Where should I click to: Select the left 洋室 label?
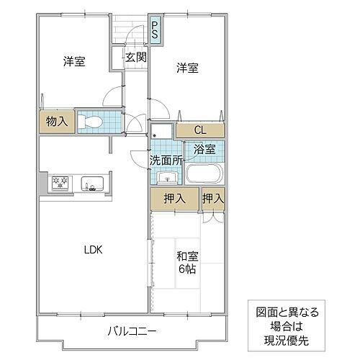pos(73,62)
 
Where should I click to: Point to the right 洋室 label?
pos(187,68)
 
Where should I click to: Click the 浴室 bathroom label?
pos(204,150)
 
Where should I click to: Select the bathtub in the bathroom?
pos(204,174)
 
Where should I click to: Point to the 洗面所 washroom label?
pos(166,160)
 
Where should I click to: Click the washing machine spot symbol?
pos(161,131)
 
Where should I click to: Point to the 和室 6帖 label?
pos(186,261)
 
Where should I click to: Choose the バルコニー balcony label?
pos(132,331)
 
